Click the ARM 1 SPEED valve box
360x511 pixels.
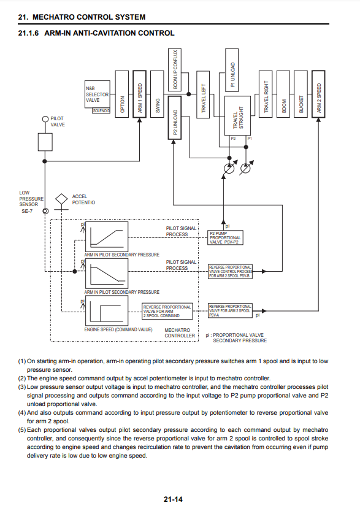click(x=139, y=94)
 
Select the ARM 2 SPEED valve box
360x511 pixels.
click(x=318, y=94)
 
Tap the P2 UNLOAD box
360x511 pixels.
click(x=175, y=118)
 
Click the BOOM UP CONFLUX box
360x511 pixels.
click(x=175, y=69)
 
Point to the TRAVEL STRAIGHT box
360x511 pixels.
click(x=237, y=116)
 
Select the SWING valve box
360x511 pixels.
click(x=157, y=94)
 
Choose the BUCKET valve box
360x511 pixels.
click(x=301, y=94)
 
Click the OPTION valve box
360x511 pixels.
click(x=122, y=94)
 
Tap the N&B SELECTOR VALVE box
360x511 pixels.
click(x=97, y=94)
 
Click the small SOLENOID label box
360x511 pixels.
click(x=101, y=111)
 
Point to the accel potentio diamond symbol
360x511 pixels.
click(x=61, y=199)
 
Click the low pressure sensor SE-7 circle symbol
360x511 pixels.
click(x=45, y=211)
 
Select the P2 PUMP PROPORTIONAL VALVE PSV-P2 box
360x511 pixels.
click(x=225, y=237)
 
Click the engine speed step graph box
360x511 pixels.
click(x=107, y=310)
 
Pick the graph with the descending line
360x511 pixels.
click(x=107, y=273)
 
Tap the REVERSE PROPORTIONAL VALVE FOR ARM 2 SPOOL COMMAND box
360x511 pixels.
click(x=167, y=311)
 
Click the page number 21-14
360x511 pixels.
click(x=173, y=499)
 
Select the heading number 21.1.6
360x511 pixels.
click(x=28, y=33)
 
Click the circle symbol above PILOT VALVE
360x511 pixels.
click(x=45, y=119)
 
